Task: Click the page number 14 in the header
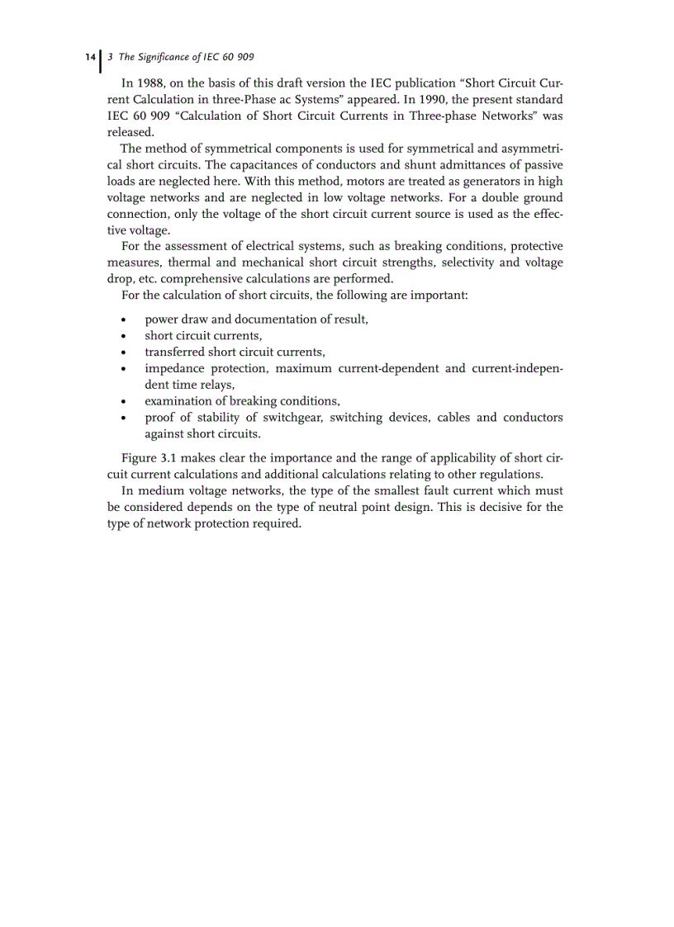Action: [x=89, y=57]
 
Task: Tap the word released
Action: [x=131, y=132]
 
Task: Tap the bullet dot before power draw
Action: [x=124, y=320]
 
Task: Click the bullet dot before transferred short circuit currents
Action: [x=124, y=352]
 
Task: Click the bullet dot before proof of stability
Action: [x=124, y=419]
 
